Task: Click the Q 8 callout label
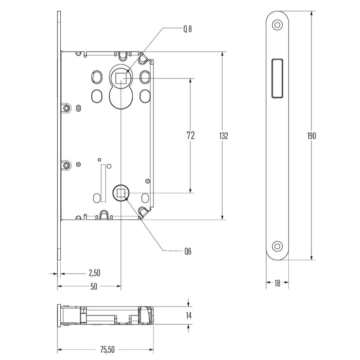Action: point(187,29)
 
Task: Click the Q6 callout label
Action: point(188,252)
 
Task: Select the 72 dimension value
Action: point(190,135)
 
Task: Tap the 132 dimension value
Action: point(224,136)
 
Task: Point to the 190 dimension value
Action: point(311,136)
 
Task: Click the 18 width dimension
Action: point(277,283)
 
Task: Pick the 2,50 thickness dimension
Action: point(94,273)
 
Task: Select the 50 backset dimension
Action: point(94,287)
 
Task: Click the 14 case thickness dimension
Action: point(189,316)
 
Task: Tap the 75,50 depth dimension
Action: point(107,350)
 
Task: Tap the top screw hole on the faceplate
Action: point(277,25)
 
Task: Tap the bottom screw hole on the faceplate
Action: point(277,246)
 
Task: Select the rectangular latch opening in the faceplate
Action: point(277,78)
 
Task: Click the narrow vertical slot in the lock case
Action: point(103,183)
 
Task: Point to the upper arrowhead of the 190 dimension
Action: point(311,13)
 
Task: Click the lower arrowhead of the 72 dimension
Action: point(190,190)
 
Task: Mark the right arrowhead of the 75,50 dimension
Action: point(151,350)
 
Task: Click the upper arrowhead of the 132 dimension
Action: point(222,54)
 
